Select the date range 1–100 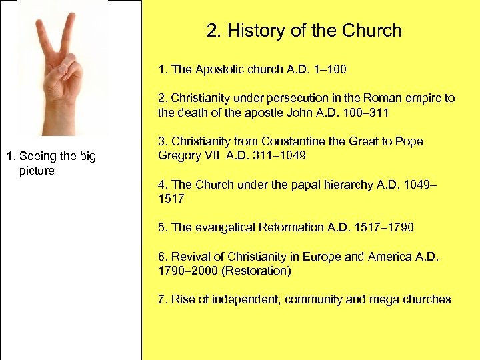click(x=328, y=69)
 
